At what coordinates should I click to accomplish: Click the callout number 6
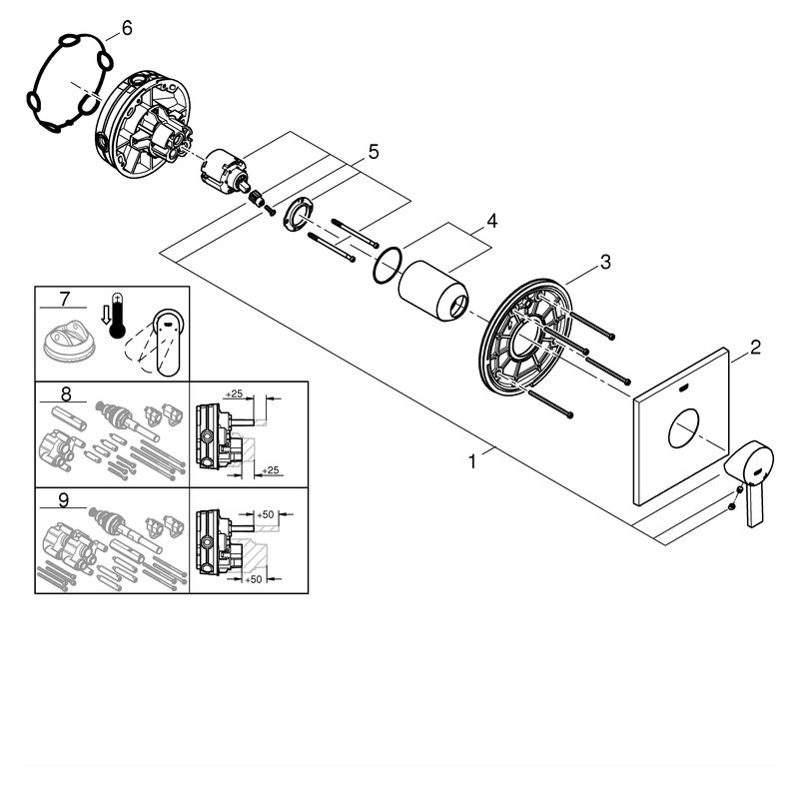click(x=127, y=29)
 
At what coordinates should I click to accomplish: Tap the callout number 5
click(x=374, y=152)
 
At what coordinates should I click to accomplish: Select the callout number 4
click(x=491, y=221)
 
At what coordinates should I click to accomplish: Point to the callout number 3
click(x=605, y=263)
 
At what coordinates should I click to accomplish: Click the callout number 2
click(x=755, y=348)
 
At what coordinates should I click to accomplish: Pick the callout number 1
click(x=472, y=462)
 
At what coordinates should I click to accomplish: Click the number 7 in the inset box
click(x=64, y=299)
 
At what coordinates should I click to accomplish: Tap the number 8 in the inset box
click(x=66, y=394)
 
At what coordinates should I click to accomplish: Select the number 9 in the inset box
click(x=63, y=500)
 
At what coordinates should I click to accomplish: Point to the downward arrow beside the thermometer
click(x=106, y=316)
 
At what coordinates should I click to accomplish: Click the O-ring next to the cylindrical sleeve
click(x=389, y=265)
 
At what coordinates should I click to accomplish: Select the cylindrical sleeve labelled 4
click(x=432, y=291)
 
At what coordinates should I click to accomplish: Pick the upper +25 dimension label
click(x=234, y=393)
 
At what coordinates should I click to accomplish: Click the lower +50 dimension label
click(x=254, y=579)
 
